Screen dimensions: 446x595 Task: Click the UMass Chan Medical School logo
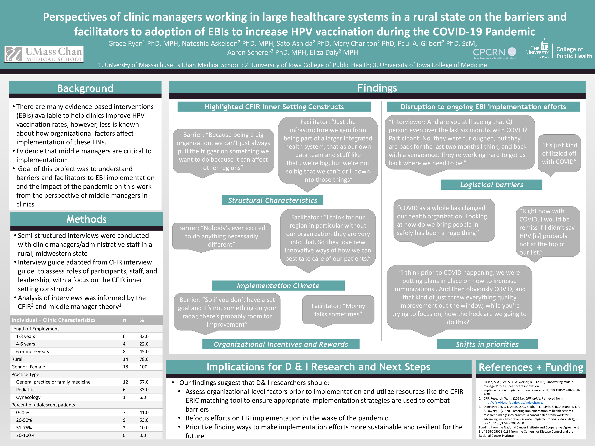(x=44, y=54)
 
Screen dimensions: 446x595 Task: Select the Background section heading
(x=85, y=88)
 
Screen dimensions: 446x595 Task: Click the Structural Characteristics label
(x=273, y=200)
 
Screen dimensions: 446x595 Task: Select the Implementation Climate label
(x=278, y=285)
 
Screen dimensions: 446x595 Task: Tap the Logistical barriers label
(x=491, y=185)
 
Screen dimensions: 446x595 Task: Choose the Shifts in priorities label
(x=487, y=344)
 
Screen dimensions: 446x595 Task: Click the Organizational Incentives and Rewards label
(x=281, y=344)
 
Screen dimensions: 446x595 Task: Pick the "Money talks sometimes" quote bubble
(x=338, y=310)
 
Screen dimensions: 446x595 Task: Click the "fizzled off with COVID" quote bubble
(x=559, y=153)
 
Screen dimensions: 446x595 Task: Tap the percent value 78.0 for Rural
(x=144, y=359)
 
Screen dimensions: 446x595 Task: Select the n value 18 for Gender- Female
(x=125, y=367)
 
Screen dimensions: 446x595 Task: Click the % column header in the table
(x=142, y=320)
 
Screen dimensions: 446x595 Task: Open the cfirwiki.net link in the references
(x=513, y=403)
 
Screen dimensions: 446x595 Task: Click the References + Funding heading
(x=531, y=367)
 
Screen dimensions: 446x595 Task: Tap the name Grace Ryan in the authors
(x=125, y=44)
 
